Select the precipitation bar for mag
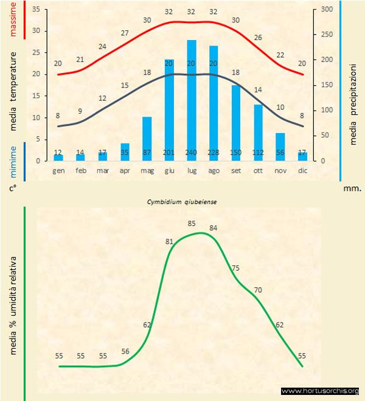147,137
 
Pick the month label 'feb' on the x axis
81,171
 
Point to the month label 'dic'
303,171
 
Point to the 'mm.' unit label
352,189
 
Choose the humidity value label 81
170,242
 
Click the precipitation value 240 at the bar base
192,153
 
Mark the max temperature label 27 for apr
125,33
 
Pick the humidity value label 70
258,290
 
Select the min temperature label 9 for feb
80,111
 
